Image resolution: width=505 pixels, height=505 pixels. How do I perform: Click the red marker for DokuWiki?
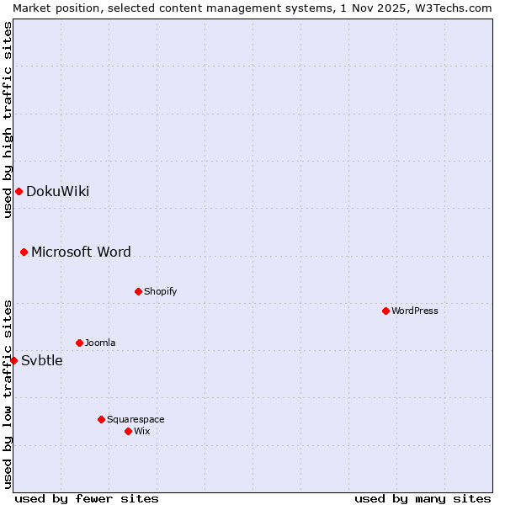[x=19, y=191]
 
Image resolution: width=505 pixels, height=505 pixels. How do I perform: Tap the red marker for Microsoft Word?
[x=24, y=252]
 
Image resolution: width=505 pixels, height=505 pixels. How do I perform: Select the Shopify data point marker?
[x=138, y=291]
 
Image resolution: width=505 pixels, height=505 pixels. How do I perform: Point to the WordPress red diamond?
[x=385, y=311]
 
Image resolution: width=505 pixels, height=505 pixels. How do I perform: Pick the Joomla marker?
[x=79, y=343]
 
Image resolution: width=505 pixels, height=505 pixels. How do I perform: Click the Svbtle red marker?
[x=13, y=360]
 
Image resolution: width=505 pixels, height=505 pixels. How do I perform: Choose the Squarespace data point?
[x=101, y=419]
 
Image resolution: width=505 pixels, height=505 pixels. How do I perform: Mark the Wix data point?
[x=128, y=431]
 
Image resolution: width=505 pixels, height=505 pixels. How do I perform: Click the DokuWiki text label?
[x=57, y=191]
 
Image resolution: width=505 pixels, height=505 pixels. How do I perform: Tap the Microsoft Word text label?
[x=81, y=252]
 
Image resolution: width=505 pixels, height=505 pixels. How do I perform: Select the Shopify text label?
[x=160, y=291]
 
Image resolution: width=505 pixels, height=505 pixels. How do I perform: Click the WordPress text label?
[x=414, y=311]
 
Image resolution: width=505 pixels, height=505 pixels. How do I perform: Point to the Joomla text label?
[x=100, y=343]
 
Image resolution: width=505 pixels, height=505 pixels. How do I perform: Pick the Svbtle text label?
[x=41, y=360]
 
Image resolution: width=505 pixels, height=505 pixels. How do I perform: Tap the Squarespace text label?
[x=136, y=419]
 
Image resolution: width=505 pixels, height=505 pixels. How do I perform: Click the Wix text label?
[x=141, y=431]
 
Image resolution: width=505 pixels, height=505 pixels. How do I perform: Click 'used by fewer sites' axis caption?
[x=87, y=498]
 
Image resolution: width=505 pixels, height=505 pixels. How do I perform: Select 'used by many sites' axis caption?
[x=423, y=498]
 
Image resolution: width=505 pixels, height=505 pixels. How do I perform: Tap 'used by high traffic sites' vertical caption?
[x=8, y=120]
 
